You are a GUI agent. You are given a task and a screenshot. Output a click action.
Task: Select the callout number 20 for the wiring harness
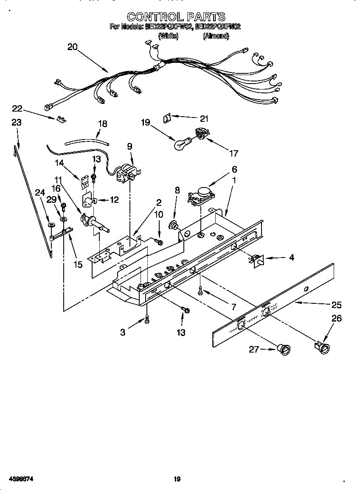(73, 47)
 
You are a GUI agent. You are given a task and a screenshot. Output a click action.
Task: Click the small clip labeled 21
(167, 118)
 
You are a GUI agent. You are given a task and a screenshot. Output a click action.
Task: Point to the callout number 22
(17, 109)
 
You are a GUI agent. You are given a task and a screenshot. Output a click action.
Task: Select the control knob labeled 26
(324, 348)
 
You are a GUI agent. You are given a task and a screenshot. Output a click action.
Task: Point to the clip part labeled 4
(257, 259)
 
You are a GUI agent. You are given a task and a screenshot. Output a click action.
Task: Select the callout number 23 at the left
(16, 123)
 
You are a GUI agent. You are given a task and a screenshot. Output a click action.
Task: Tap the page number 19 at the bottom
(177, 479)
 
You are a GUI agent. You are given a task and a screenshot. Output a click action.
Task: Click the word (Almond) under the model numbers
(216, 36)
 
